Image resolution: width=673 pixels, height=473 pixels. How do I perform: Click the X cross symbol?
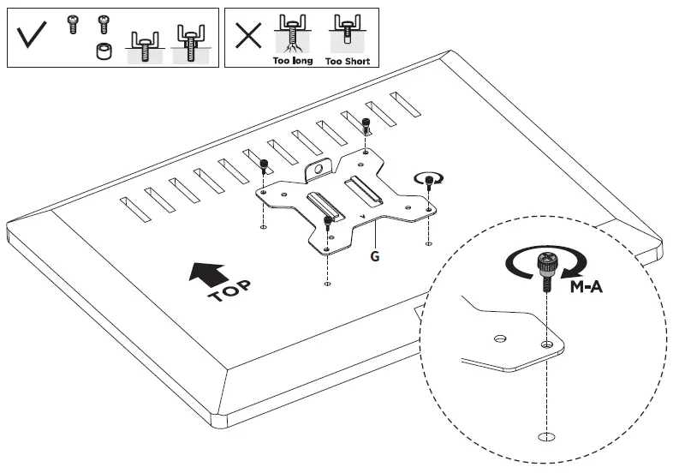tap(248, 37)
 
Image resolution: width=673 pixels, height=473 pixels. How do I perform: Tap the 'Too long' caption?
tap(293, 62)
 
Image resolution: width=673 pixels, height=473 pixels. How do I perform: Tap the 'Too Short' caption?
tap(346, 62)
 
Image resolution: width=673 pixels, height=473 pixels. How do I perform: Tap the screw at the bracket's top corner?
tap(366, 126)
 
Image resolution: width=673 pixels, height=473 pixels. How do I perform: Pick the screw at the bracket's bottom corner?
tap(327, 225)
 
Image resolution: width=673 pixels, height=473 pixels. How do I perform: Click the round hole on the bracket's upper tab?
tap(319, 171)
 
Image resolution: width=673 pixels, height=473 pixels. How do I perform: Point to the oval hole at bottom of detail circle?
tap(545, 437)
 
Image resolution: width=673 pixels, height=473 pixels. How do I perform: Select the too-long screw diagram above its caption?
tap(293, 35)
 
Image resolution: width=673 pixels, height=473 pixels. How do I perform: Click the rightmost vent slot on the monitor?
tap(405, 104)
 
